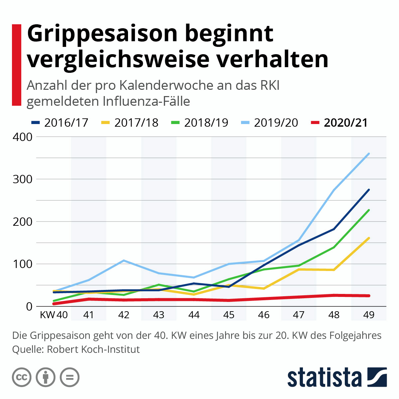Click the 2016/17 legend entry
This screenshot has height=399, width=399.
(x=66, y=123)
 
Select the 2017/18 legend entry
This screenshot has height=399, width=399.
(x=136, y=123)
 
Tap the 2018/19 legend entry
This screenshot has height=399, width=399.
(x=206, y=123)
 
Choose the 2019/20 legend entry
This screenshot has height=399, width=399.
(x=276, y=123)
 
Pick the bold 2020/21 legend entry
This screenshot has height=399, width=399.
(x=346, y=123)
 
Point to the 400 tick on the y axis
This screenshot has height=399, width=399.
(x=22, y=137)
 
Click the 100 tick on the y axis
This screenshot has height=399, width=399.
(x=22, y=264)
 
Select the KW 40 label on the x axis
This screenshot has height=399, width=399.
(x=54, y=315)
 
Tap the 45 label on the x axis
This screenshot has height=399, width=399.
(x=229, y=315)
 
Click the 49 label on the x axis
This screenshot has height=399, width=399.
(x=369, y=315)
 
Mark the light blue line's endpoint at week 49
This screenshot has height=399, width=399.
(x=369, y=154)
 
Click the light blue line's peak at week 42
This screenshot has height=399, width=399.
(x=124, y=260)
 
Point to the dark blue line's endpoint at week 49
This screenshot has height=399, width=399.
(x=369, y=190)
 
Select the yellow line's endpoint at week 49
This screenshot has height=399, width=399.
(x=369, y=238)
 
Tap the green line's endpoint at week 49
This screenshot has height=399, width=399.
(x=369, y=210)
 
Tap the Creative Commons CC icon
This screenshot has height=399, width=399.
(x=22, y=377)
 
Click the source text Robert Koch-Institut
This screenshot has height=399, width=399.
(x=93, y=349)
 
